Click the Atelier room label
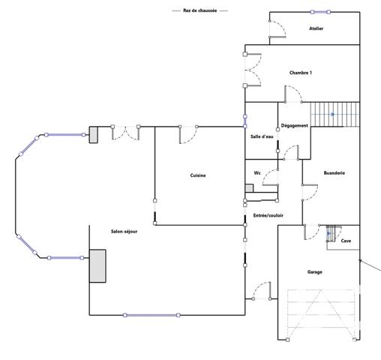pos(316,28)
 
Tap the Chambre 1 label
pos(301,73)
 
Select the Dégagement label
pos(294,125)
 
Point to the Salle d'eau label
pos(262,136)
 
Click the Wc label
pos(257,172)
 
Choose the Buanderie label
pos(334,172)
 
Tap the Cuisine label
pos(198,175)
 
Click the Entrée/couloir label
pos(268,214)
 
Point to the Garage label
pos(315,271)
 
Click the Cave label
pos(346,241)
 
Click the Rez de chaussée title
pos(199,10)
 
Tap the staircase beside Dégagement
pos(334,115)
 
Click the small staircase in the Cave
pos(333,235)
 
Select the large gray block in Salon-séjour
pos(97,265)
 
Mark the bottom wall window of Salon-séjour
pos(151,315)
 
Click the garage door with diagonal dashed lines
pos(321,315)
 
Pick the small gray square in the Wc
pos(249,188)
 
